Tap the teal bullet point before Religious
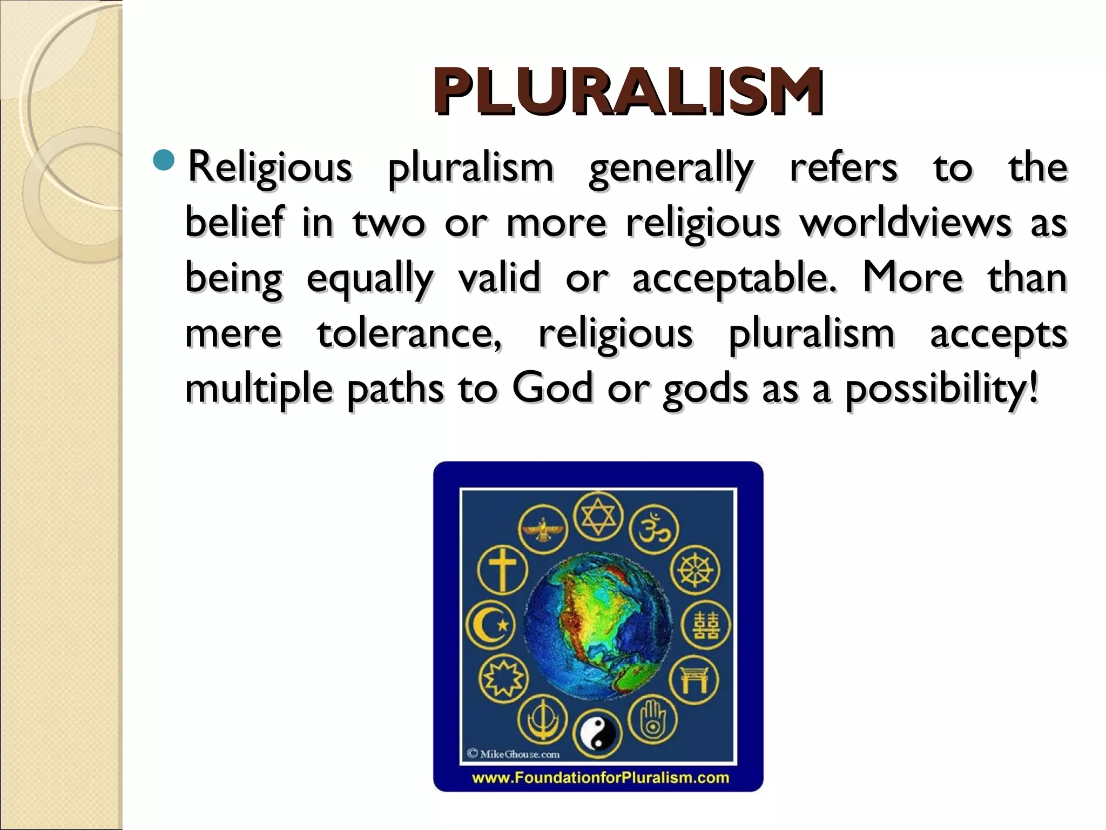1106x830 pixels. pos(164,160)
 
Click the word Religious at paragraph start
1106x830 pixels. pos(269,168)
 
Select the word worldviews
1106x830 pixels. pos(906,223)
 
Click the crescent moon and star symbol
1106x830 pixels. pos(490,625)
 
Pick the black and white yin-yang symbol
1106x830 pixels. pos(597,734)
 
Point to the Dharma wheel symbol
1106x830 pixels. pos(695,571)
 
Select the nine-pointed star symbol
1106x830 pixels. pos(503,679)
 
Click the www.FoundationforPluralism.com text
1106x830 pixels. pos(599,778)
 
